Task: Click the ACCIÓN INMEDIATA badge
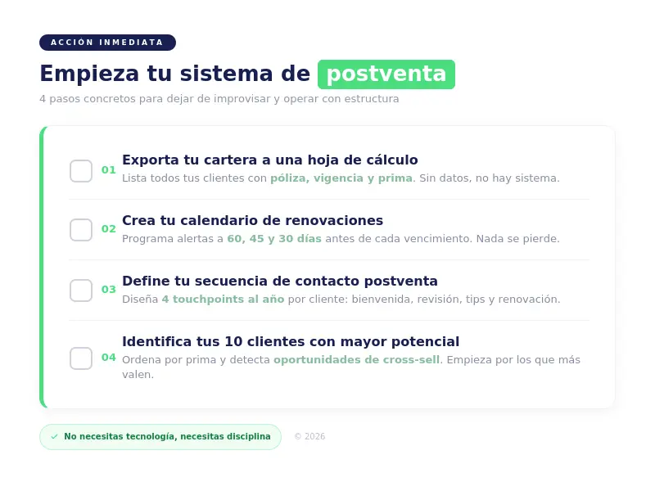(x=107, y=43)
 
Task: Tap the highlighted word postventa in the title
(x=386, y=74)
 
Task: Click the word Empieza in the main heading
(x=89, y=74)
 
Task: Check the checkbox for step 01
(x=81, y=171)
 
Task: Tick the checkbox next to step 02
(x=81, y=230)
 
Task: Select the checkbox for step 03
(x=81, y=291)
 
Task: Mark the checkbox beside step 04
(x=81, y=358)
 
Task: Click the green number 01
(x=109, y=170)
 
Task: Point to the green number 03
(x=109, y=290)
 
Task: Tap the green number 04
(x=109, y=358)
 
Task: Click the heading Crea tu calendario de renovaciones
(x=252, y=221)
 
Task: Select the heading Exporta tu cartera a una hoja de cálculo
(x=269, y=160)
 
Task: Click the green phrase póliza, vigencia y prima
(x=341, y=178)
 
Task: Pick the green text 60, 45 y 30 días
(x=274, y=239)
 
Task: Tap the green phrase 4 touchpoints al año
(x=223, y=300)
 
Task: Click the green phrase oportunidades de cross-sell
(x=356, y=360)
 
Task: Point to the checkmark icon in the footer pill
(x=55, y=437)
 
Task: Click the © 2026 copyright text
(x=309, y=437)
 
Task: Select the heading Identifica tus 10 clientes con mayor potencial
(x=291, y=342)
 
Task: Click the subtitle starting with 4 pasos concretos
(x=219, y=99)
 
